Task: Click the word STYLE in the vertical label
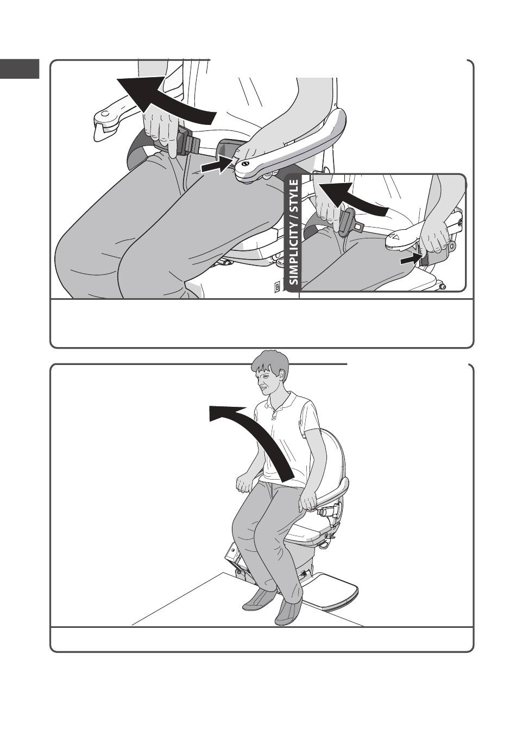(294, 194)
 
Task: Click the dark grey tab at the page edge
(20, 69)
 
